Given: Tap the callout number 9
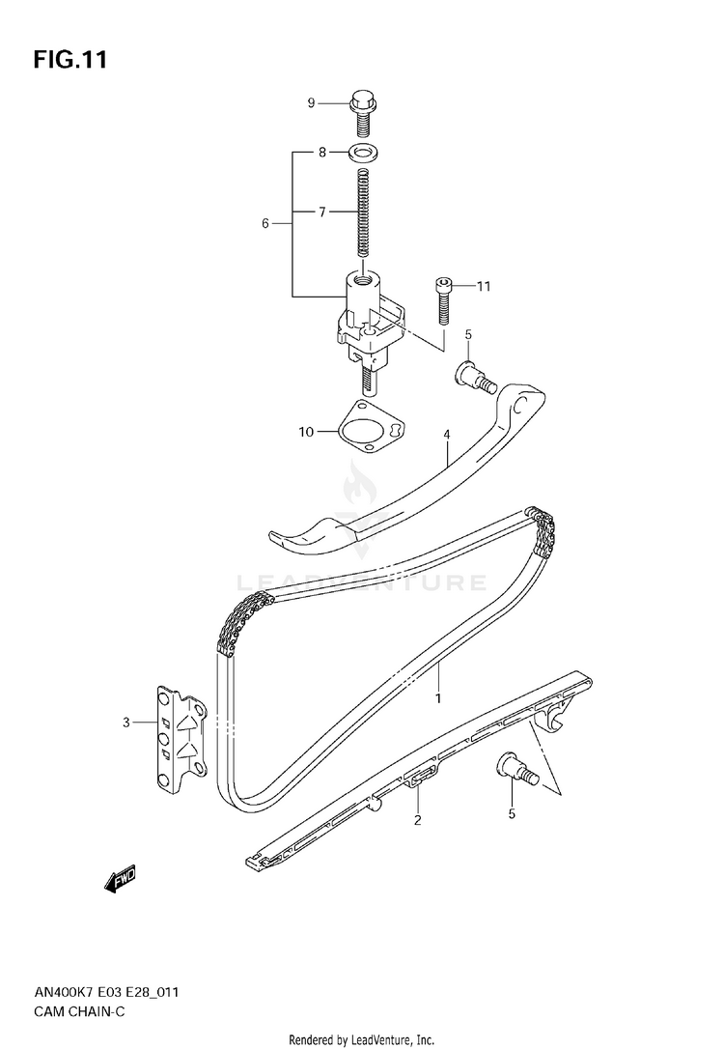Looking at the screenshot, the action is [312, 103].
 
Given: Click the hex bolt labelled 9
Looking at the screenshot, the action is [363, 110].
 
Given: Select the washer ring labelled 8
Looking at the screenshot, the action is [364, 152].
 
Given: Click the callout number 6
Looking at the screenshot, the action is [265, 223].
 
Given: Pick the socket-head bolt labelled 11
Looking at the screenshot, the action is [442, 299].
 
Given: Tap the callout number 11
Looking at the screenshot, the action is [484, 286].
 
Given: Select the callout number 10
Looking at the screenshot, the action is [306, 432].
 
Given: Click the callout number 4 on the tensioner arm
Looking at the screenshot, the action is [448, 436].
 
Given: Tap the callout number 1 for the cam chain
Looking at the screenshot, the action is [437, 697].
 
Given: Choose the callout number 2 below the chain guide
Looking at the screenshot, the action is [417, 821].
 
